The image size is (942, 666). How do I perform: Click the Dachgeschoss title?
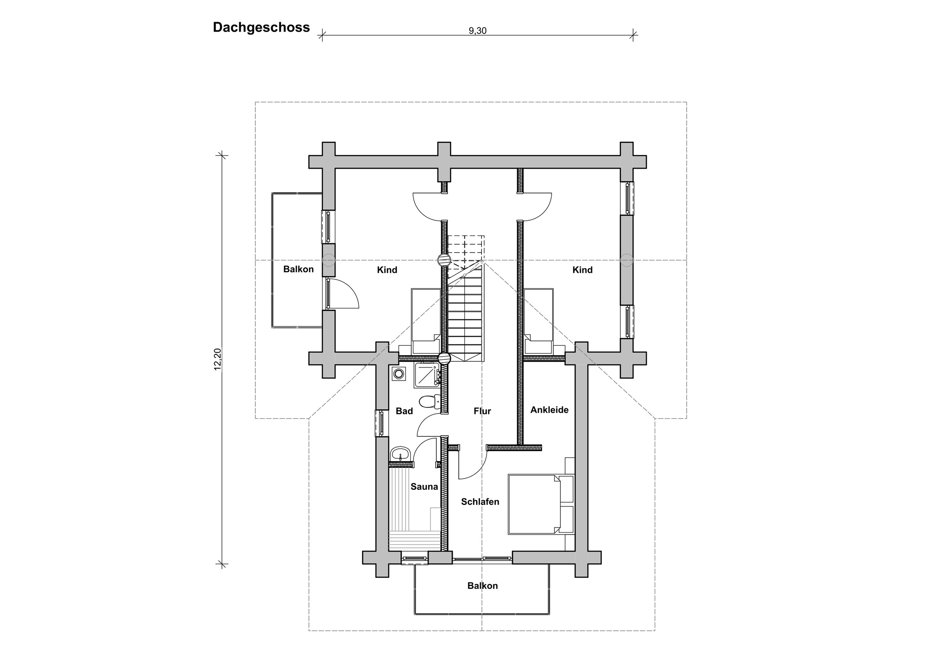coord(261,27)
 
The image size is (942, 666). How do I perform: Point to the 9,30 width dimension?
coord(477,31)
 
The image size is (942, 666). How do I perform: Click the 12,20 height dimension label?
coord(218,359)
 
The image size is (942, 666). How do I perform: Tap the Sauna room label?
coord(424,487)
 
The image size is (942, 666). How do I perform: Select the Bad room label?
coord(404,411)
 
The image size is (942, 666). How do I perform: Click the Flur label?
coord(482,411)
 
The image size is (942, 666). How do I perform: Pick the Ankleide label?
coord(549,410)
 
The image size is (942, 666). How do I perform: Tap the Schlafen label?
coord(480,502)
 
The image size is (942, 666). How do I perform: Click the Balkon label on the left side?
coord(298,269)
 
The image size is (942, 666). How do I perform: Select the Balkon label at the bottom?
coord(482,586)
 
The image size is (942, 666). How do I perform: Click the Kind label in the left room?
coord(387,270)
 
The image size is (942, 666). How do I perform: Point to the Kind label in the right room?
coord(583,270)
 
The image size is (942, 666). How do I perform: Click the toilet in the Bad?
coord(428,401)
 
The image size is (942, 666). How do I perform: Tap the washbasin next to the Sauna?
coord(401,454)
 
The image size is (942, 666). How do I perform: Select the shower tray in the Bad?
coord(427,375)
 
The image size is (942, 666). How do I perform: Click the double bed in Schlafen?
coord(541,504)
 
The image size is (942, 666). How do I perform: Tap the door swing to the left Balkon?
coord(343,294)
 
